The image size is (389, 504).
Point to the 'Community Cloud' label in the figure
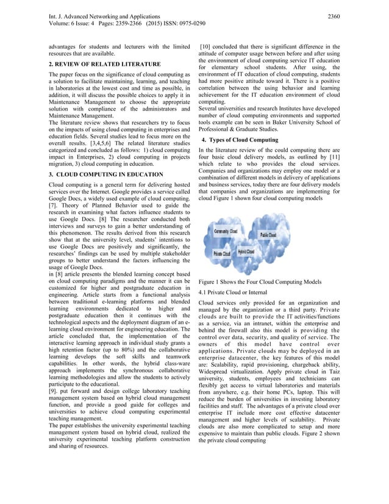(x=226, y=232)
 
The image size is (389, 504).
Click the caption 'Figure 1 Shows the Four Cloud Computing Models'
(x=260, y=281)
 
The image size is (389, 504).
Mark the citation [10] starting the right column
(x=206, y=46)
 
